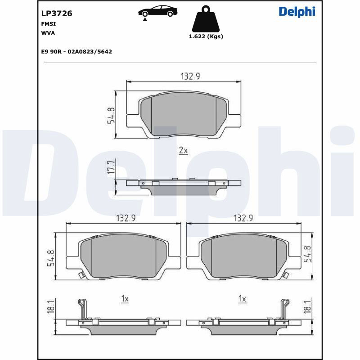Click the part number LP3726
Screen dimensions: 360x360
(x=57, y=13)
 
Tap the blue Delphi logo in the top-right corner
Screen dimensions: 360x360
(x=297, y=12)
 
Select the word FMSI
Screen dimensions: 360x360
(x=49, y=24)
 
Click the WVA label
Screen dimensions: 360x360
(x=48, y=33)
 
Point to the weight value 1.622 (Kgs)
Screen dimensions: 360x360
(x=206, y=36)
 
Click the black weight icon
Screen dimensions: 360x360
(x=206, y=19)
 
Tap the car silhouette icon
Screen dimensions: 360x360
(x=158, y=12)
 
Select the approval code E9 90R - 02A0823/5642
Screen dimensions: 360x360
(x=76, y=52)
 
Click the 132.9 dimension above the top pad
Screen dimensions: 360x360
(x=190, y=76)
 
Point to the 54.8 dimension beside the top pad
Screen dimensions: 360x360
(x=111, y=116)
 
